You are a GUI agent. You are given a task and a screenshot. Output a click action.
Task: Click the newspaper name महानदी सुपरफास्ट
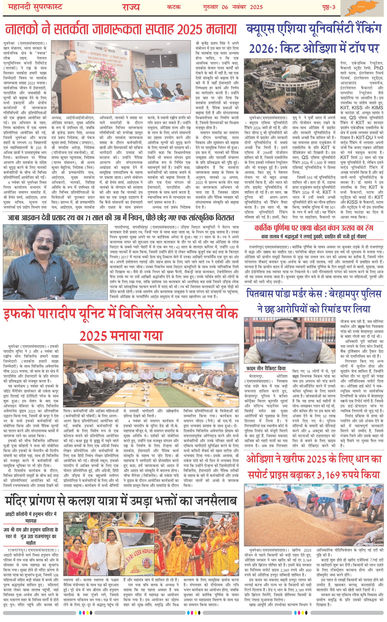click(35, 7)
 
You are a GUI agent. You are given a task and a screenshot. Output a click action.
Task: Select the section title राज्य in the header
click(131, 7)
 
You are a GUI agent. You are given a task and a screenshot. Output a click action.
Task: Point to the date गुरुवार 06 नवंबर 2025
click(233, 7)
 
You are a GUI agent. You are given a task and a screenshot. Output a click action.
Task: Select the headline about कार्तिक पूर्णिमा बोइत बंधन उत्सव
click(314, 228)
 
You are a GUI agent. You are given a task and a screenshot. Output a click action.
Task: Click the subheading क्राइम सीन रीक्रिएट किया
click(266, 368)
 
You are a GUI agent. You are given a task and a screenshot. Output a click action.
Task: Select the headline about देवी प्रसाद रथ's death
click(121, 218)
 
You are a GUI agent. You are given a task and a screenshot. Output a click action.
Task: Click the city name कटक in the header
click(174, 7)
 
